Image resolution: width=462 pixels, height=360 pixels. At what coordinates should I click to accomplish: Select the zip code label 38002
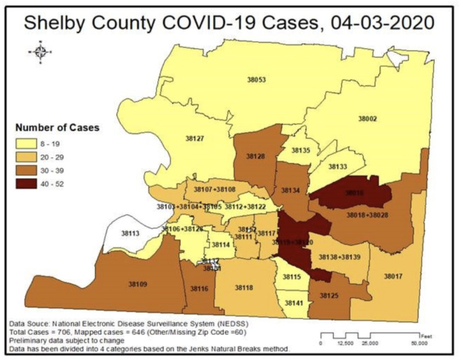[367, 118]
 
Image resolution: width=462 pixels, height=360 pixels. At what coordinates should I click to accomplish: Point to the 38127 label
[195, 138]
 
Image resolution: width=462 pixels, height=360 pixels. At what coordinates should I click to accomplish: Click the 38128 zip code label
[256, 156]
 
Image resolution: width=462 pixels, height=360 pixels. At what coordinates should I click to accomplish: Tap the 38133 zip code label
[337, 167]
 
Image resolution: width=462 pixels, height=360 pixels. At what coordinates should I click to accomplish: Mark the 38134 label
[290, 189]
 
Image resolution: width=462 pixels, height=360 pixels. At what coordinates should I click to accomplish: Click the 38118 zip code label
[244, 287]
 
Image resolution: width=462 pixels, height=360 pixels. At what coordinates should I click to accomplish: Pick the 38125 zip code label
[329, 294]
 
